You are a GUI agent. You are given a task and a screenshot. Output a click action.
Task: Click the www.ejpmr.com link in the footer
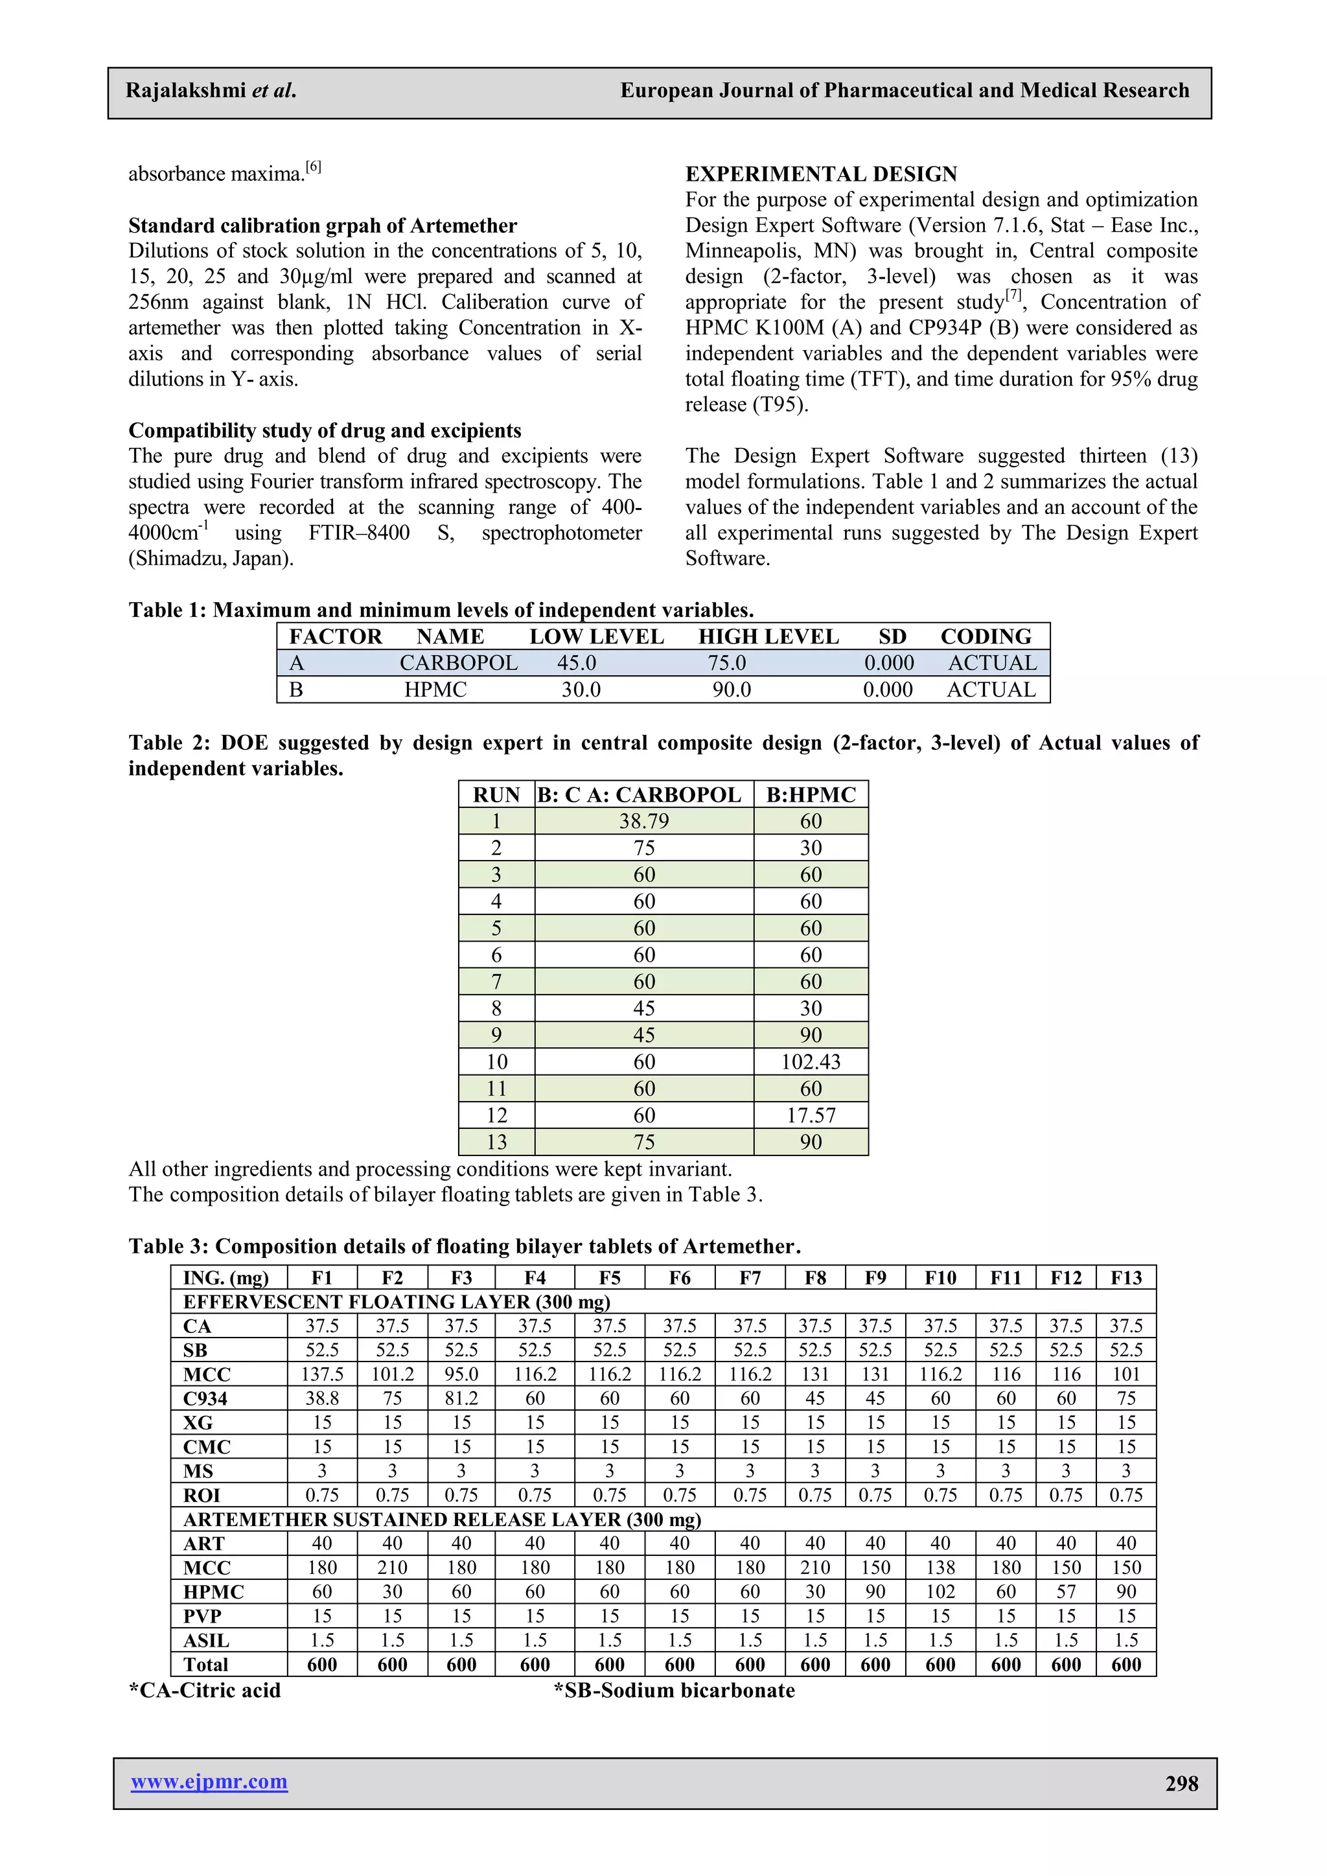[209, 1781]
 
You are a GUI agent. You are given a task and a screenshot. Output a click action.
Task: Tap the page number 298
[1182, 1784]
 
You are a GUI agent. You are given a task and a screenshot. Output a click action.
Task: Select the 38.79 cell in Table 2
[644, 821]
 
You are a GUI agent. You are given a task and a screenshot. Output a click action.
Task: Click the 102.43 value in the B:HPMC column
[811, 1062]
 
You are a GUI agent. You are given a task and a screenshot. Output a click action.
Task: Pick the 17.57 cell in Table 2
[811, 1115]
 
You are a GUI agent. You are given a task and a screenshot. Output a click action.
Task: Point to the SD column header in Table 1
[892, 636]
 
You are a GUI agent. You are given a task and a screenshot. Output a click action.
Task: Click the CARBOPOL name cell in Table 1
[458, 663]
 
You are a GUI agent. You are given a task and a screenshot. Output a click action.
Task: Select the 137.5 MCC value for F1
[322, 1374]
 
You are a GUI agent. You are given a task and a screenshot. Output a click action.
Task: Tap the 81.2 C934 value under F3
[462, 1398]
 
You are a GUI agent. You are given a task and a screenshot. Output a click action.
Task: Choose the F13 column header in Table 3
[1126, 1278]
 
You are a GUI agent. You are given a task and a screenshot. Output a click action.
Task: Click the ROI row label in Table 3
[202, 1495]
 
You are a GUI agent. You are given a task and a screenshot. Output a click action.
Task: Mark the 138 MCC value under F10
[941, 1567]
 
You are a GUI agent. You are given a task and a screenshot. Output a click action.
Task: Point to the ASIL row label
[206, 1640]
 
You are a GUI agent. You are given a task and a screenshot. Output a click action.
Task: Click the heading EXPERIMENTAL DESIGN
[821, 174]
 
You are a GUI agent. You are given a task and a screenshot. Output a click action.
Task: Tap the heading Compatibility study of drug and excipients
[325, 430]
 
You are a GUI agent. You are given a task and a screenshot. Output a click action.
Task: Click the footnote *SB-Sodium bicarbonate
[674, 1690]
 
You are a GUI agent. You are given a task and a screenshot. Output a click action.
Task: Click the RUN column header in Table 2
[496, 795]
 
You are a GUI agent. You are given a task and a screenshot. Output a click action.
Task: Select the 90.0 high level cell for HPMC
[732, 689]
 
